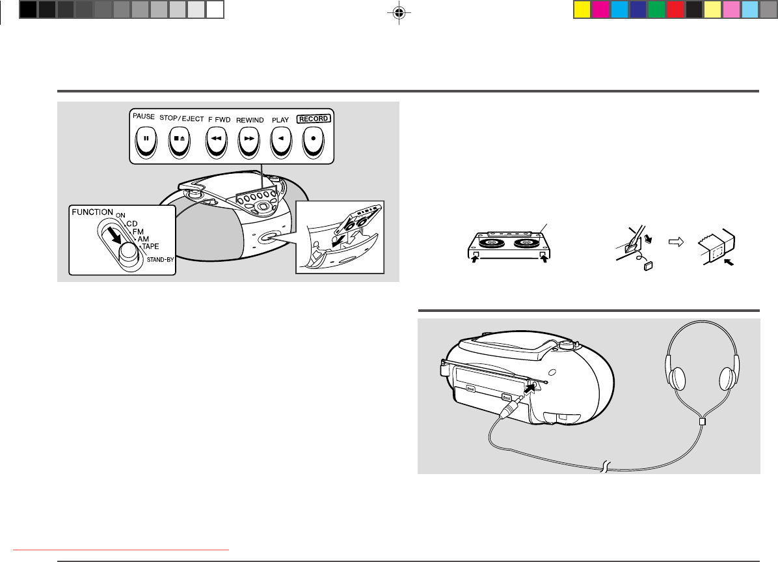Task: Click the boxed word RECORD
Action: click(314, 119)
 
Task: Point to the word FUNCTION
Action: click(92, 212)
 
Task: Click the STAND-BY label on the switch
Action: click(160, 259)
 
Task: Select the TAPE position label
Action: click(150, 246)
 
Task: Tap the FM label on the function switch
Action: click(138, 232)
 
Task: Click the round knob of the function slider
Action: click(129, 253)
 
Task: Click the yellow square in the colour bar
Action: click(582, 10)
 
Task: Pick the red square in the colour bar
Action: click(675, 10)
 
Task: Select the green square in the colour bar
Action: click(656, 10)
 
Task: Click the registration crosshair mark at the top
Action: click(399, 13)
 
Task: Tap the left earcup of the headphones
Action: click(677, 378)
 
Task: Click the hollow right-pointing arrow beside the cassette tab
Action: click(677, 242)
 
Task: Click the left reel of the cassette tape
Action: click(490, 243)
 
